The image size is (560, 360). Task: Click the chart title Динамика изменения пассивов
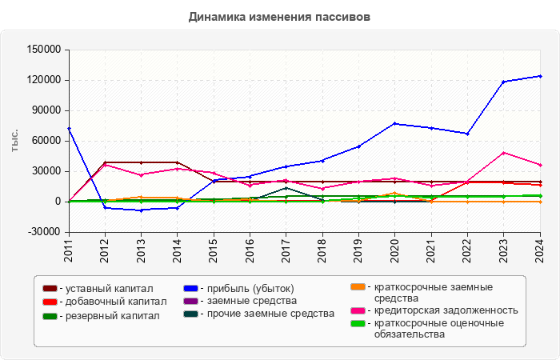pyautogui.click(x=279, y=16)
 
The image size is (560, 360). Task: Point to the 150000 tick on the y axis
pyautogui.click(x=45, y=50)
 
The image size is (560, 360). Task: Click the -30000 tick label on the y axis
pyautogui.click(x=45, y=232)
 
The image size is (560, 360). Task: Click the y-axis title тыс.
pyautogui.click(x=14, y=140)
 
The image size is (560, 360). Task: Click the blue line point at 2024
pyautogui.click(x=540, y=76)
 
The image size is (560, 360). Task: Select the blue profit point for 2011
pyautogui.click(x=69, y=128)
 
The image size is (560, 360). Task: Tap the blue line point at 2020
pyautogui.click(x=394, y=123)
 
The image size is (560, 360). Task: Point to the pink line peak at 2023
pyautogui.click(x=503, y=152)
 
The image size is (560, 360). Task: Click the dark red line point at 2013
pyautogui.click(x=141, y=162)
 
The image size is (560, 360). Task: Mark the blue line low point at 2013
pyautogui.click(x=141, y=210)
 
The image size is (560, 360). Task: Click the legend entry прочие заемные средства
pyautogui.click(x=266, y=314)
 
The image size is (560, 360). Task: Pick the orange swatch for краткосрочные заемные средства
pyautogui.click(x=359, y=286)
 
